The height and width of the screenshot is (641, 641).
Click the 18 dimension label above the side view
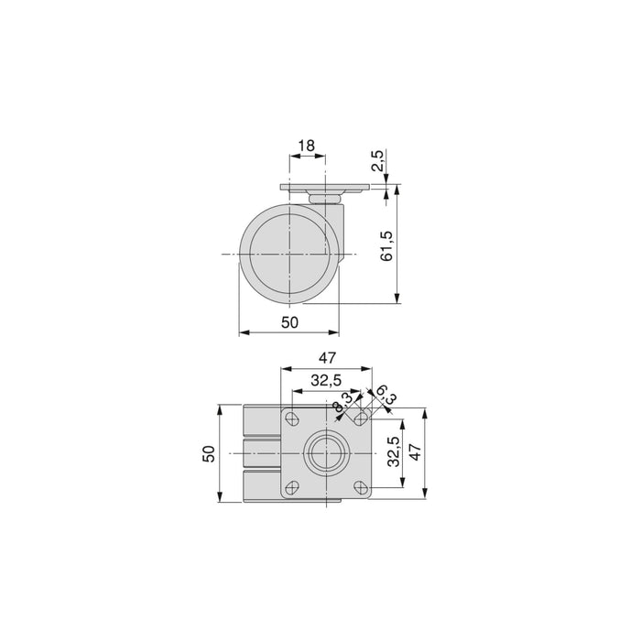click(307, 145)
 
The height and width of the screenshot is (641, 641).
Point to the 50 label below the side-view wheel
click(289, 322)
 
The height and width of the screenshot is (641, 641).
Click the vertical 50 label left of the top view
click(209, 453)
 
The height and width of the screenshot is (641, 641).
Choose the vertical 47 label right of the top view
click(415, 453)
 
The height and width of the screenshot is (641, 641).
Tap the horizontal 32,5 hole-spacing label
click(326, 380)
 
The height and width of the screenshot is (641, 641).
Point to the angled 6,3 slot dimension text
click(385, 396)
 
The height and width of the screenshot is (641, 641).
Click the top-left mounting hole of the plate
click(293, 419)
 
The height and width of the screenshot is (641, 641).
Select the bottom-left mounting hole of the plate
click(293, 487)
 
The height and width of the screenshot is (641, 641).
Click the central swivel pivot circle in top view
click(327, 453)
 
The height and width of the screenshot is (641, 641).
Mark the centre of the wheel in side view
click(288, 253)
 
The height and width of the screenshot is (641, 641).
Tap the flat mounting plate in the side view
click(327, 190)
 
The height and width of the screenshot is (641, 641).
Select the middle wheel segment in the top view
click(262, 453)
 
